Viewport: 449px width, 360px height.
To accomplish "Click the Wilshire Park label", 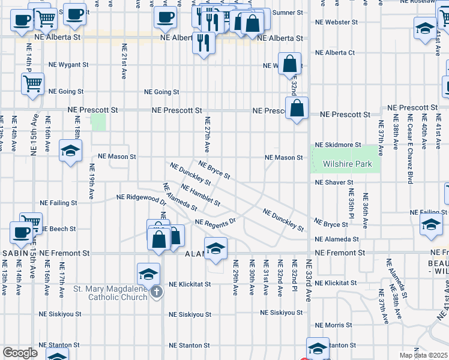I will pos(347,164).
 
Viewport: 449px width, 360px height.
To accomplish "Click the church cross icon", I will pos(156,292).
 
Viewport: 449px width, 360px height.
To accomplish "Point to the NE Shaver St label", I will pos(334,182).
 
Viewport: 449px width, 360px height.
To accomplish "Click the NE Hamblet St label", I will pos(200,196).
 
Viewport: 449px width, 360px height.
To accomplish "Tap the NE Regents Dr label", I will pos(216,222).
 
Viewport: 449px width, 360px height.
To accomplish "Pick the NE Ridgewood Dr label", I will pos(142,199).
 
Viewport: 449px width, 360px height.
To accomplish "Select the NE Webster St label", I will pos(335,22).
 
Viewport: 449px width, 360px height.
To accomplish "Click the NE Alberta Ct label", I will pos(335,53).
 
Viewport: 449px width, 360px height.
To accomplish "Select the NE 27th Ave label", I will pos(207,134).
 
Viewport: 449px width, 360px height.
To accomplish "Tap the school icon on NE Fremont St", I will pos(215,248).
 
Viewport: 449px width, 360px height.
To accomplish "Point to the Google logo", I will pos(20,353).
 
